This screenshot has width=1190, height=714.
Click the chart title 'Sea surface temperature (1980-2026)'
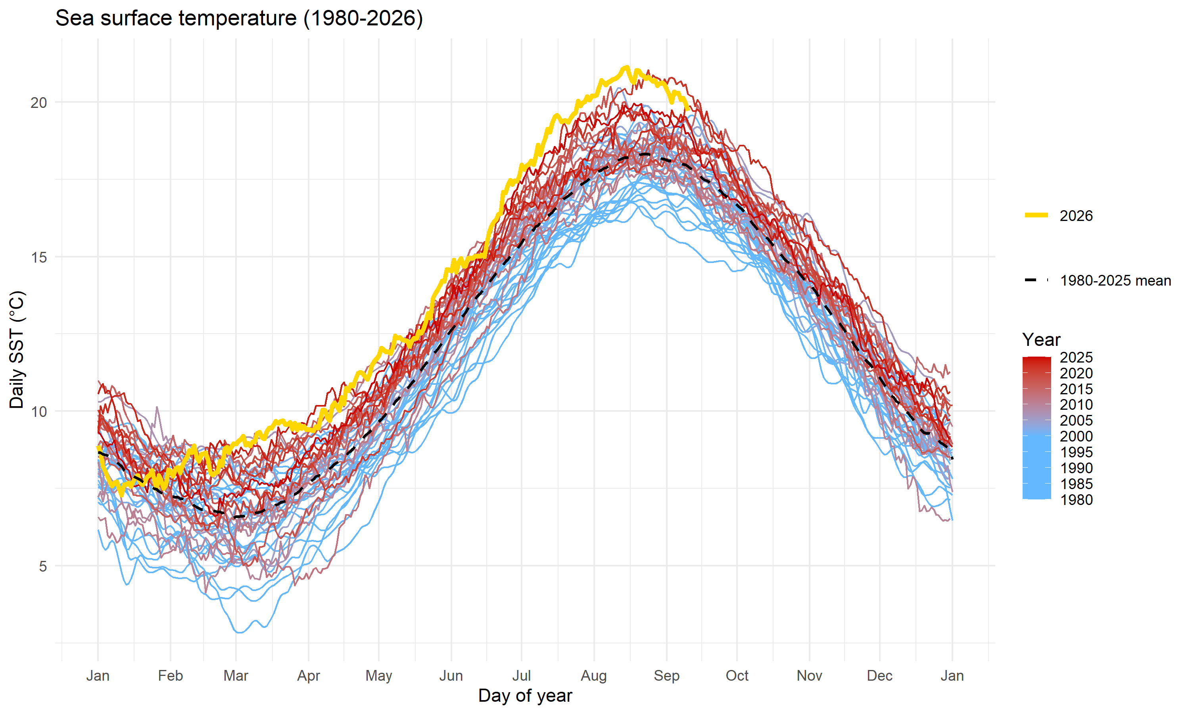pyautogui.click(x=239, y=18)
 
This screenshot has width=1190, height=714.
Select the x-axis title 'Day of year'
pyautogui.click(x=525, y=696)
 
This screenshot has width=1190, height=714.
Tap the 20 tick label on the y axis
pyautogui.click(x=38, y=102)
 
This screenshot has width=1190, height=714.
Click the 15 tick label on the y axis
pyautogui.click(x=38, y=257)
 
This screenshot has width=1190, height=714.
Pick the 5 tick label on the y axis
pyautogui.click(x=43, y=566)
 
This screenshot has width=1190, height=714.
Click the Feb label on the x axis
pyautogui.click(x=170, y=676)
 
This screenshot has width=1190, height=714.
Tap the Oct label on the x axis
pyautogui.click(x=737, y=676)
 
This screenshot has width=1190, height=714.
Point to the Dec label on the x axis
pyautogui.click(x=880, y=676)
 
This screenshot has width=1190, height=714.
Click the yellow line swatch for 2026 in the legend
pyautogui.click(x=1036, y=215)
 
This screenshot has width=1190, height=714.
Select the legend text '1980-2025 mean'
pyautogui.click(x=1115, y=280)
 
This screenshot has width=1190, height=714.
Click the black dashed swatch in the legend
pyautogui.click(x=1036, y=280)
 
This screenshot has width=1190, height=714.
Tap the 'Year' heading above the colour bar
pyautogui.click(x=1041, y=340)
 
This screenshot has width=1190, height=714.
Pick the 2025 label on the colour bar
pyautogui.click(x=1077, y=357)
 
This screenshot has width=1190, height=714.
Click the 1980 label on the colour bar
pyautogui.click(x=1077, y=500)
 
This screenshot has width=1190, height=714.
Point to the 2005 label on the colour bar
pyautogui.click(x=1077, y=420)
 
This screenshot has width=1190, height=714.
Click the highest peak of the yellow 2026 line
pyautogui.click(x=626, y=67)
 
